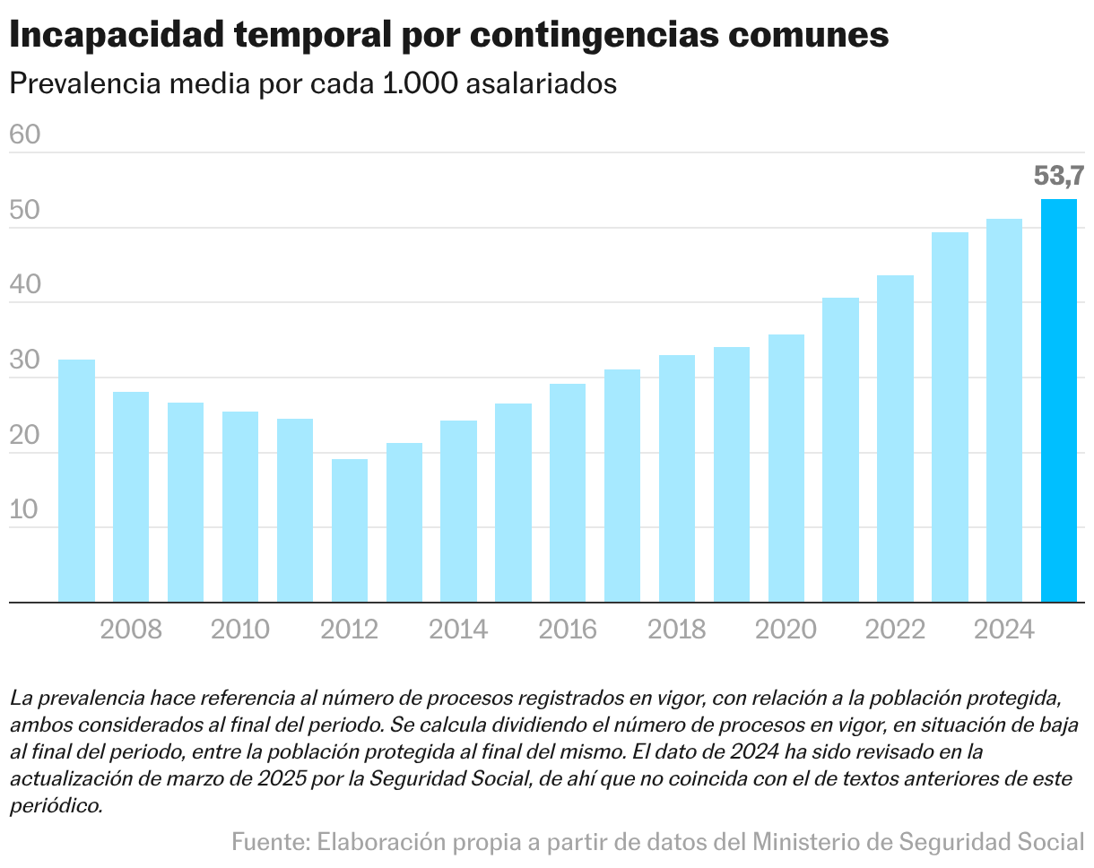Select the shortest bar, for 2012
[x=350, y=530]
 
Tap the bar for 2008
[x=131, y=497]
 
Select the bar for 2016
[x=568, y=492]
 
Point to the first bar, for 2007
[x=76, y=481]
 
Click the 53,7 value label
[x=1058, y=176]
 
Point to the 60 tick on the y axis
[x=24, y=135]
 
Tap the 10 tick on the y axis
[x=24, y=509]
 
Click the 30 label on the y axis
[x=24, y=360]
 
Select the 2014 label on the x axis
[x=458, y=629]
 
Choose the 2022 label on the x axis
[x=895, y=629]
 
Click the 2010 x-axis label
[x=240, y=629]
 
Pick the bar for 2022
[x=895, y=438]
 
